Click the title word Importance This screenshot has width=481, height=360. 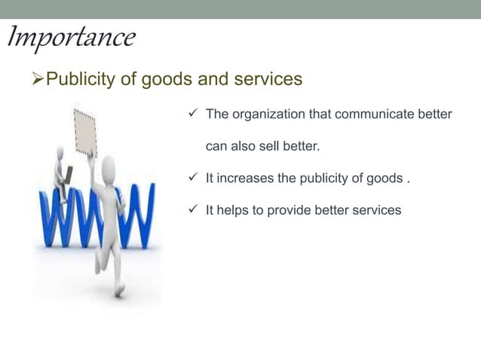click(x=71, y=37)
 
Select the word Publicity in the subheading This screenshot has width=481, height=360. click(x=79, y=79)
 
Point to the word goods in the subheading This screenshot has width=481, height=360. click(x=172, y=79)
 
